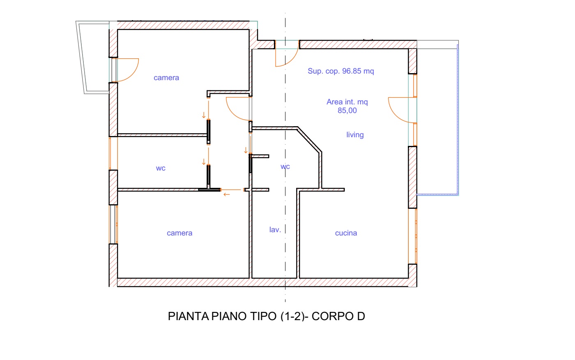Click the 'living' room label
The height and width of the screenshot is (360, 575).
click(355, 135)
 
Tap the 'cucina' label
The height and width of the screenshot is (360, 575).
click(346, 233)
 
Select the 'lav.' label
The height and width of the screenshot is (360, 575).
click(275, 230)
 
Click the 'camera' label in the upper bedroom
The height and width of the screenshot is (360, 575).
click(166, 78)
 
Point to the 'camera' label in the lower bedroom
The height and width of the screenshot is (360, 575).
click(179, 233)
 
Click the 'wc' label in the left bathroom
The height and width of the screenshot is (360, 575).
click(161, 168)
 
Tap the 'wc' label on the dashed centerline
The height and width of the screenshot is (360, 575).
click(285, 167)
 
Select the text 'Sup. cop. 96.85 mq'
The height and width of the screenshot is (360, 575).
click(341, 71)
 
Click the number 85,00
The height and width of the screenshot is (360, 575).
click(347, 111)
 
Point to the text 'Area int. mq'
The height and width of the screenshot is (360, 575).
click(347, 102)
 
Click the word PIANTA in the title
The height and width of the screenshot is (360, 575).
click(189, 316)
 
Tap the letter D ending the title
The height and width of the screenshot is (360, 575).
click(361, 316)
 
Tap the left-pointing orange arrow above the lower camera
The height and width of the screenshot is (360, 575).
click(226, 195)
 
